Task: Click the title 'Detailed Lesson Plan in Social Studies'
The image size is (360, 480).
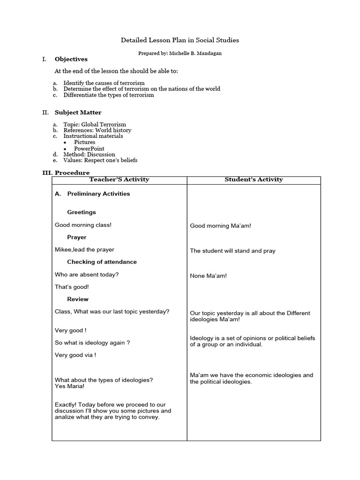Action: click(x=180, y=40)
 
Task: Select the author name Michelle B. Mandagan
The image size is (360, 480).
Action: click(x=196, y=53)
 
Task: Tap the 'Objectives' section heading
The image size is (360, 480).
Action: click(x=71, y=59)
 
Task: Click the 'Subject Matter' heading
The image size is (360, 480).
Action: click(x=78, y=112)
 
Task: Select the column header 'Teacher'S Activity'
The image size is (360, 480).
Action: click(x=119, y=180)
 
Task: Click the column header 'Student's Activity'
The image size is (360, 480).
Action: click(x=254, y=180)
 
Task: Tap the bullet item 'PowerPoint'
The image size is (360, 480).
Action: click(x=89, y=149)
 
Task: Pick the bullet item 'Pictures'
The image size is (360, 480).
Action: click(x=84, y=142)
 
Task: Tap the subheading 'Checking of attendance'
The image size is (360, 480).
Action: click(x=102, y=262)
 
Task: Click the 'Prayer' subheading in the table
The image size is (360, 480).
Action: click(x=76, y=237)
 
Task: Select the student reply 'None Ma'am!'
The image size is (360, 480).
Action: click(x=208, y=276)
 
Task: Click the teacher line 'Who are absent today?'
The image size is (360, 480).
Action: click(x=87, y=275)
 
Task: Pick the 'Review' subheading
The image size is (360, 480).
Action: click(x=77, y=299)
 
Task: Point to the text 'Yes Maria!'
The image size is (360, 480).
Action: click(x=70, y=387)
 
